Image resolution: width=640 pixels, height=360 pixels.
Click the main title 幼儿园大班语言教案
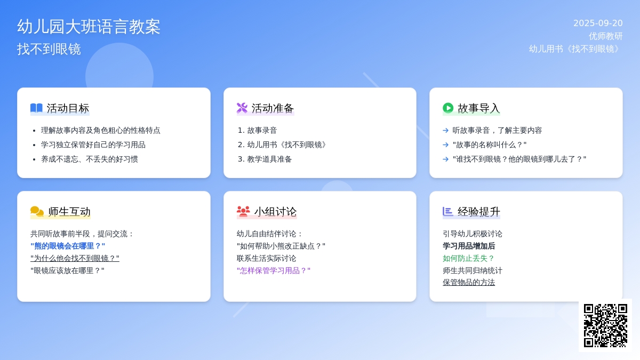click(89, 27)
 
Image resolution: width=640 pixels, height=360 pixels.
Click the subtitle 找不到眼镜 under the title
click(49, 49)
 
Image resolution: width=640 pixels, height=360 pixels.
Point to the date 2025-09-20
click(598, 23)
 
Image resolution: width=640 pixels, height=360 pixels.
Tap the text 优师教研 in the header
click(606, 36)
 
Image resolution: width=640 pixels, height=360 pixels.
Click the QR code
click(605, 325)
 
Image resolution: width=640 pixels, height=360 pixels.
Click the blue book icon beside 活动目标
click(36, 108)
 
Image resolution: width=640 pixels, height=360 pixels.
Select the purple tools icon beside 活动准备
click(242, 108)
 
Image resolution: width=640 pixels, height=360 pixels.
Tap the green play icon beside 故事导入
click(448, 108)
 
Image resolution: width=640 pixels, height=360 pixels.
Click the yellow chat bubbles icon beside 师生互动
click(37, 211)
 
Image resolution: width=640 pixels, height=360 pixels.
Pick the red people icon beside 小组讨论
click(243, 211)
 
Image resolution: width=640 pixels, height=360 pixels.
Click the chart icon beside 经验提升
click(447, 211)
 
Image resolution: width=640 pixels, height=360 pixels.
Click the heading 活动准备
click(273, 108)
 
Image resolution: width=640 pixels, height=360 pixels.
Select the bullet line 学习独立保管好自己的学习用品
click(93, 145)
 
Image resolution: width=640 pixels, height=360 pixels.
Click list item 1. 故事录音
click(258, 131)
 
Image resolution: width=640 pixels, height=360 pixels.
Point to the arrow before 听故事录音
click(445, 131)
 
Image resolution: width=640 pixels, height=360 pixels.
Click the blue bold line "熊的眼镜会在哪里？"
click(68, 246)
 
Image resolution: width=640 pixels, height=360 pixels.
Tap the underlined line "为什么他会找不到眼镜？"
click(75, 258)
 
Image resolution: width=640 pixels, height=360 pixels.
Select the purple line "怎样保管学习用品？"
click(274, 270)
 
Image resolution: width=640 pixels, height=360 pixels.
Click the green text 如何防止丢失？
click(469, 258)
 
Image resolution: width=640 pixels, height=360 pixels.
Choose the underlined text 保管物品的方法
click(469, 282)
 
